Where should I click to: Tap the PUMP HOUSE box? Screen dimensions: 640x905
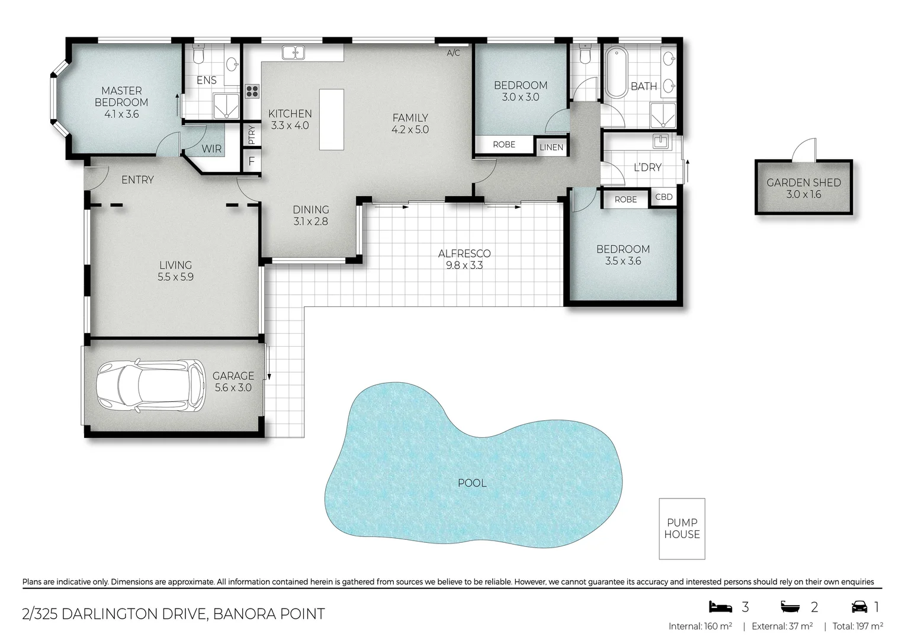point(682,528)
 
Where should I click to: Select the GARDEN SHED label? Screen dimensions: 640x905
point(803,183)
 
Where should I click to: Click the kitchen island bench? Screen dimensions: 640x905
point(331,119)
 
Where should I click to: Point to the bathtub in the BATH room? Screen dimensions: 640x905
point(616,73)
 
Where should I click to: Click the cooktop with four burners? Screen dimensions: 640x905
point(252,91)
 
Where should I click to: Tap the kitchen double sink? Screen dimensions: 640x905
point(293,53)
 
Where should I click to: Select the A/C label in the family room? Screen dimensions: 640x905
point(453,53)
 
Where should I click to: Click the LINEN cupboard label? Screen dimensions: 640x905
point(551,147)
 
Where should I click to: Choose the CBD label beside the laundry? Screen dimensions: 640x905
point(663,197)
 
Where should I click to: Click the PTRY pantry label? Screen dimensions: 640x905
point(252,135)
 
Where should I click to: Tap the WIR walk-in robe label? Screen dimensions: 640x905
point(211,149)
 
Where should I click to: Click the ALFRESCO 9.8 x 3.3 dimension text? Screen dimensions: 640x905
point(464,265)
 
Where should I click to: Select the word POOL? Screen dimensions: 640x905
point(472,483)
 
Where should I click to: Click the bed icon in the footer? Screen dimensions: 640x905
point(720,607)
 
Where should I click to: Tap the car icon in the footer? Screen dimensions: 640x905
point(859,607)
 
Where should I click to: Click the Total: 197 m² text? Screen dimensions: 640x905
point(858,626)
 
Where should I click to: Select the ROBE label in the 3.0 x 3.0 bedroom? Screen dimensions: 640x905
point(504,145)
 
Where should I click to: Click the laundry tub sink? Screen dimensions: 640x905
point(660,142)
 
